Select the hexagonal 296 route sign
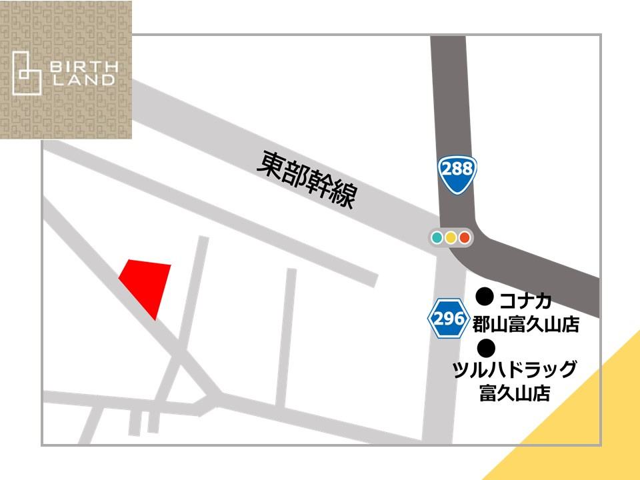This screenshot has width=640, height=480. click(448, 319)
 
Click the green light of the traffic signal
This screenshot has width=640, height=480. click(437, 237)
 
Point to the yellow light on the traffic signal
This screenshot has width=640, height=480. click(451, 237)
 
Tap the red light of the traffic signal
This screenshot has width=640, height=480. click(465, 237)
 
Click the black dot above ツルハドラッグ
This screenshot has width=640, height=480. click(487, 347)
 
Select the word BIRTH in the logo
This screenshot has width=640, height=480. click(84, 67)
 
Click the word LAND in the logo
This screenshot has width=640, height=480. click(84, 80)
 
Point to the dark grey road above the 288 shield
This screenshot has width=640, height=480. click(448, 93)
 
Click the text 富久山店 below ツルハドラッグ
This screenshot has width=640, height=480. click(515, 393)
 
